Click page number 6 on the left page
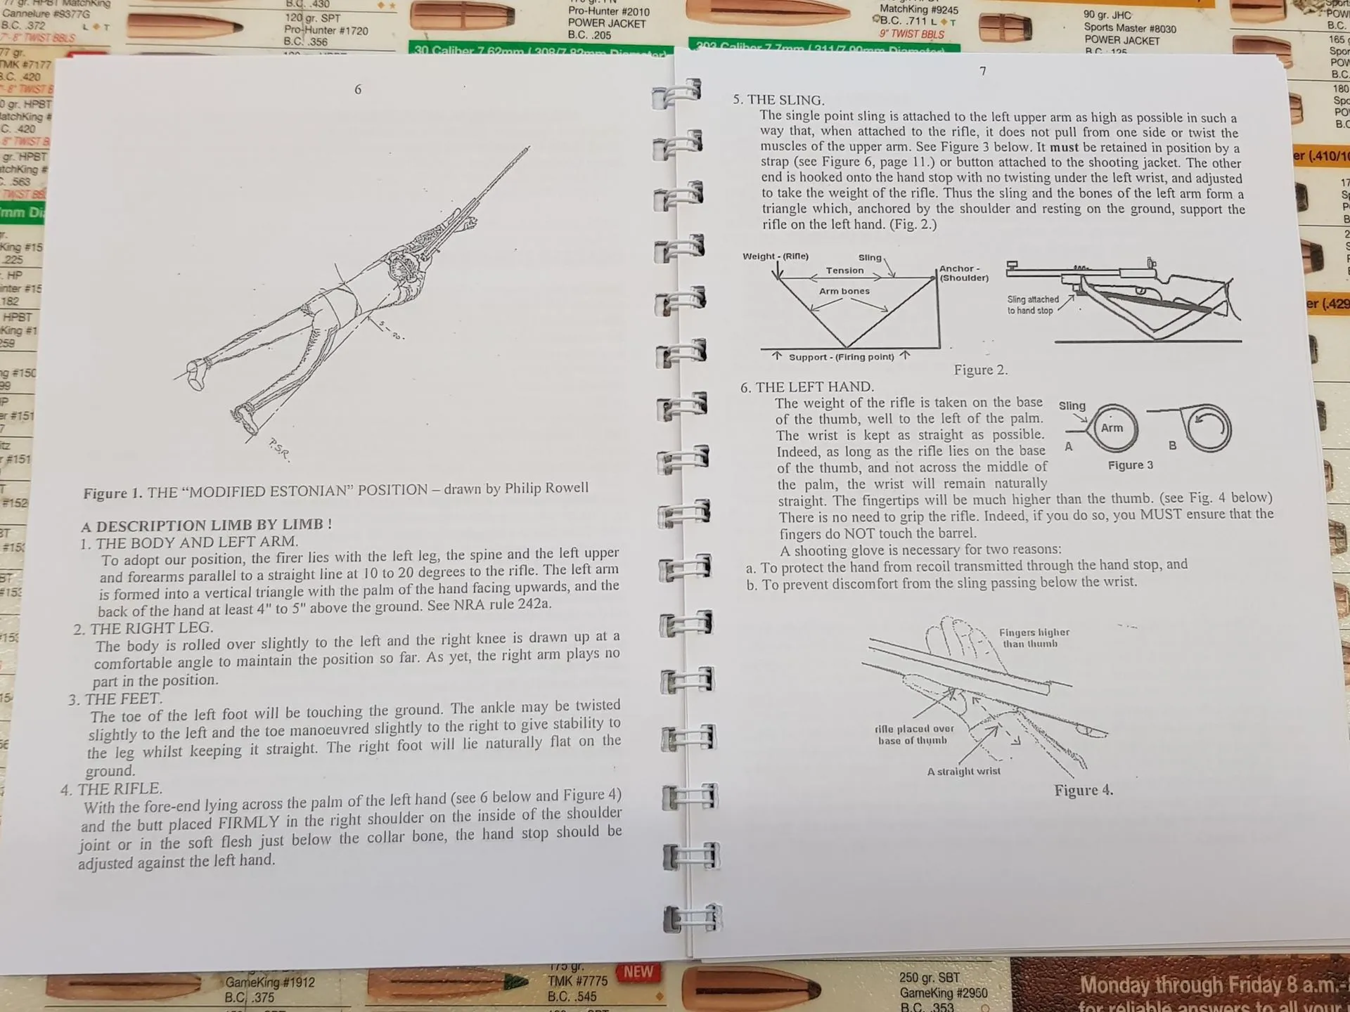click(358, 89)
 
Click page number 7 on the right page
click(983, 71)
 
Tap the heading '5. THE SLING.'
click(778, 100)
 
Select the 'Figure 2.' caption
click(980, 370)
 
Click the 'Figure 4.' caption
click(1083, 790)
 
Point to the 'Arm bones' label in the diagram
click(844, 291)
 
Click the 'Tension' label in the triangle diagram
click(844, 271)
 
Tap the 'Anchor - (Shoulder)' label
click(963, 273)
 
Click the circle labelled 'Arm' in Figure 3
click(1113, 428)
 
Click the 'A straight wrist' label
click(963, 772)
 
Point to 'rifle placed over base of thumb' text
click(913, 734)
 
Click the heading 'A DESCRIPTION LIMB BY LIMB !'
click(206, 525)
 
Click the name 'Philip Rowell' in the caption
click(546, 488)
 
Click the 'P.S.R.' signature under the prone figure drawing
click(279, 450)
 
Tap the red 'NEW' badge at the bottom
click(638, 972)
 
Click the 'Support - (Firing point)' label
click(841, 357)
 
